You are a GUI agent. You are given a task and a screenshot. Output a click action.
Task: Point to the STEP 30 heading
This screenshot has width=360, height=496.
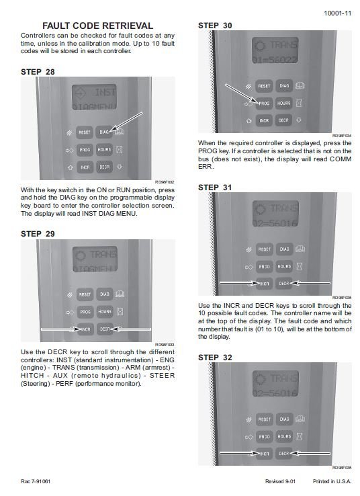217,26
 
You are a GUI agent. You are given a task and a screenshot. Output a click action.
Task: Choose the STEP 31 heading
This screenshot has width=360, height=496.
217,188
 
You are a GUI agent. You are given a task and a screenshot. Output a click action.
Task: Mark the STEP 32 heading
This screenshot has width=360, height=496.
217,358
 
